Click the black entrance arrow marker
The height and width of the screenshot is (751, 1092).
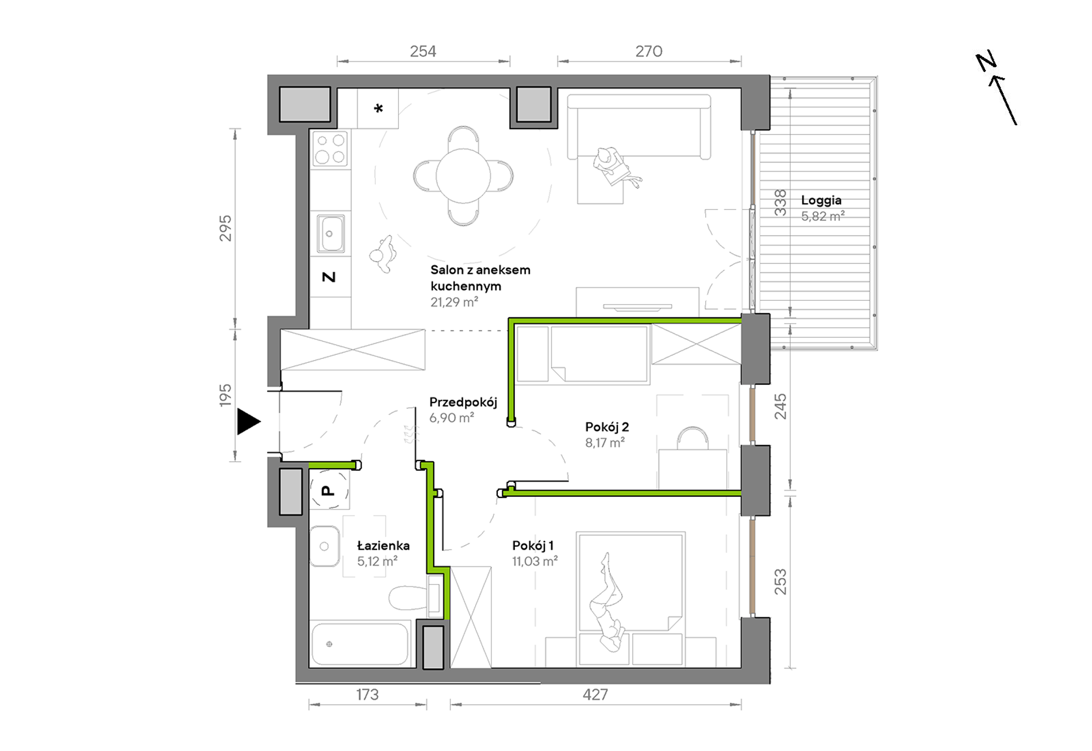click(248, 422)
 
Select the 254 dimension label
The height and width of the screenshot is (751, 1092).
click(423, 51)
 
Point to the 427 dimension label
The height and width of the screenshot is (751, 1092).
click(595, 695)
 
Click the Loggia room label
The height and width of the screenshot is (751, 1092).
click(821, 200)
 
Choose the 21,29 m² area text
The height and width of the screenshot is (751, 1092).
click(454, 302)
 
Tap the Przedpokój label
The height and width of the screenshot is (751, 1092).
click(463, 402)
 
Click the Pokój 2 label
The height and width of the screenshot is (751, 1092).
click(607, 427)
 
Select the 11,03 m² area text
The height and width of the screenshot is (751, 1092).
click(535, 561)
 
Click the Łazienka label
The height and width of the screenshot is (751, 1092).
click(383, 545)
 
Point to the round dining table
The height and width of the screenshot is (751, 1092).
click(463, 176)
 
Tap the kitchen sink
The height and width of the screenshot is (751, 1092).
click(330, 233)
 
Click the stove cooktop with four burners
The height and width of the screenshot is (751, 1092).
click(330, 148)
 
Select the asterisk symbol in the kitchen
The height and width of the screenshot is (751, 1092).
click(378, 108)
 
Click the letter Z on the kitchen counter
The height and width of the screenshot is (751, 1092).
click(329, 277)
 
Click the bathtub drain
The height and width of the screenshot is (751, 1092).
click(329, 644)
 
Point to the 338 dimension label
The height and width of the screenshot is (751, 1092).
click(780, 202)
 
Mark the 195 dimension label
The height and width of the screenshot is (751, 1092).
click(225, 396)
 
